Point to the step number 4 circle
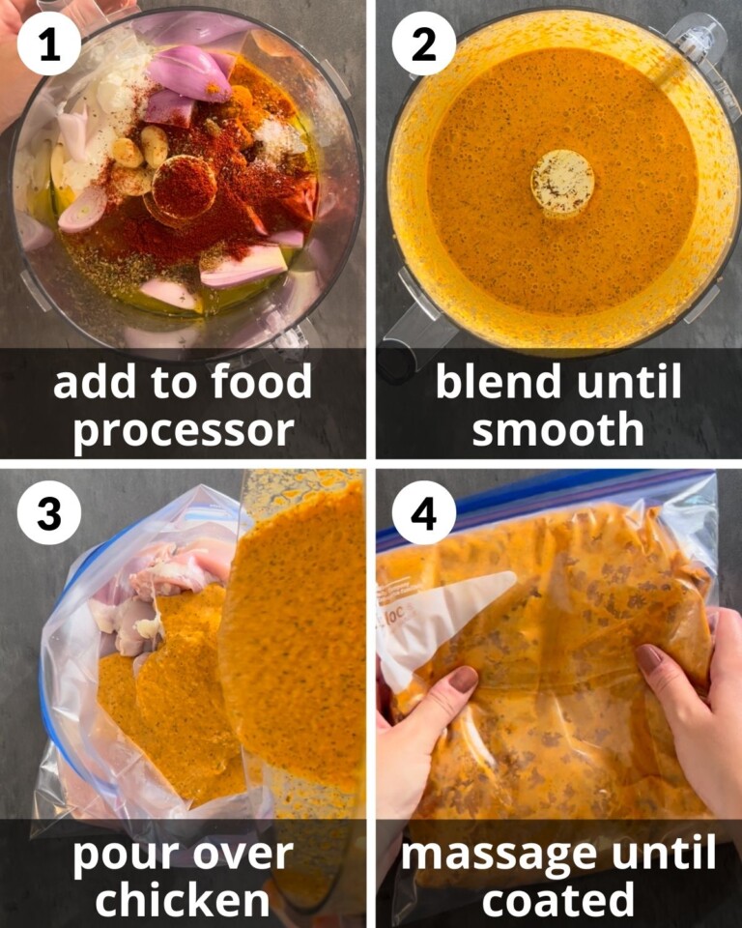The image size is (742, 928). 423,513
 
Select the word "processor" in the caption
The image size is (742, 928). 184,429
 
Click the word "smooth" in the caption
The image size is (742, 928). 558,429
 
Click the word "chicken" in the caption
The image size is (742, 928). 183,900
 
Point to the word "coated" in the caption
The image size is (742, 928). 558,900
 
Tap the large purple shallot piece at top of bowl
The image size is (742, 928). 189,72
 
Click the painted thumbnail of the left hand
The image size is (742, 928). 463,680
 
